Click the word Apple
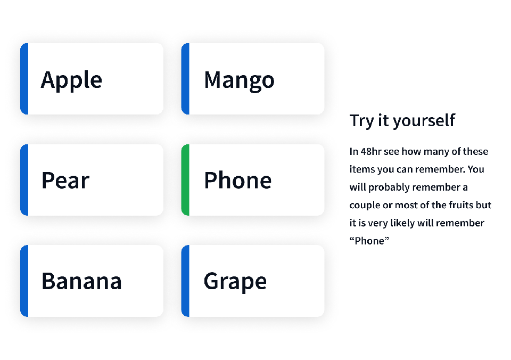pos(71,80)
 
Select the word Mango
pos(239,80)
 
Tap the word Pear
pos(65,180)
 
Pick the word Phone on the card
pos(237,180)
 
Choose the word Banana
pos(81,281)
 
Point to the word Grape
pos(235,282)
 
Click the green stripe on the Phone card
pos(185,180)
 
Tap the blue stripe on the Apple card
pos(24,79)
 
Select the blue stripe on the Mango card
pos(185,79)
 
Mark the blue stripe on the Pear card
pos(24,180)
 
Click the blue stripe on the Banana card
pos(24,281)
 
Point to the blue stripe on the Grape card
pos(185,281)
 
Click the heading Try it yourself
pos(402,121)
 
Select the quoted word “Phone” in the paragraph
pos(369,241)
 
